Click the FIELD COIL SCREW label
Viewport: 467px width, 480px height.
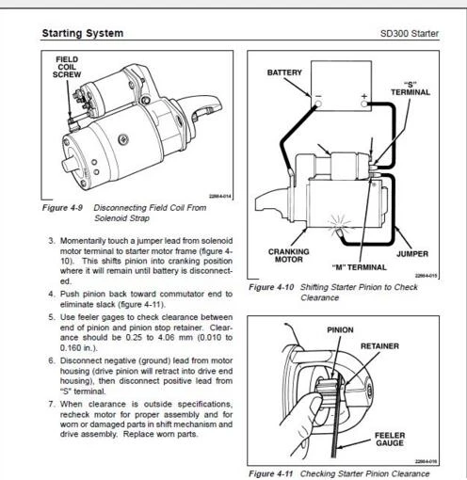point(67,67)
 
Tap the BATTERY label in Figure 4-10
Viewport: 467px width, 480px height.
point(284,72)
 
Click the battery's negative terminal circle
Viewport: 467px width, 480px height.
point(318,104)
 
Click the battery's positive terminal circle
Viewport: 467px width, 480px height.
point(363,104)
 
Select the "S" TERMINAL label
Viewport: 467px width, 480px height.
point(411,88)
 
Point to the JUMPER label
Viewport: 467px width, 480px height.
point(412,253)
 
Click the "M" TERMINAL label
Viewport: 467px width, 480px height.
point(359,267)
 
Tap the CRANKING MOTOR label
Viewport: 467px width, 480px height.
point(289,255)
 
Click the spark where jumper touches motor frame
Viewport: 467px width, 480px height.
point(339,225)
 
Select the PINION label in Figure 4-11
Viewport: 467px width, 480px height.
point(340,330)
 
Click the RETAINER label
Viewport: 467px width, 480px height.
point(379,346)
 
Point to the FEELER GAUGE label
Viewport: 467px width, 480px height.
point(390,439)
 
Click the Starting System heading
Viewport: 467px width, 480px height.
point(83,33)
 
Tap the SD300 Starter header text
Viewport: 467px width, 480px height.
point(410,33)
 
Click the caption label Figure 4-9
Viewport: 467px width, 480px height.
point(62,208)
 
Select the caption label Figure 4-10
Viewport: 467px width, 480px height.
point(271,287)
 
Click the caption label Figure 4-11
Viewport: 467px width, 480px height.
point(270,473)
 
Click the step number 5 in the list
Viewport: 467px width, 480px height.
point(52,317)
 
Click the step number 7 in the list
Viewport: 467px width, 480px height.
point(52,404)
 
